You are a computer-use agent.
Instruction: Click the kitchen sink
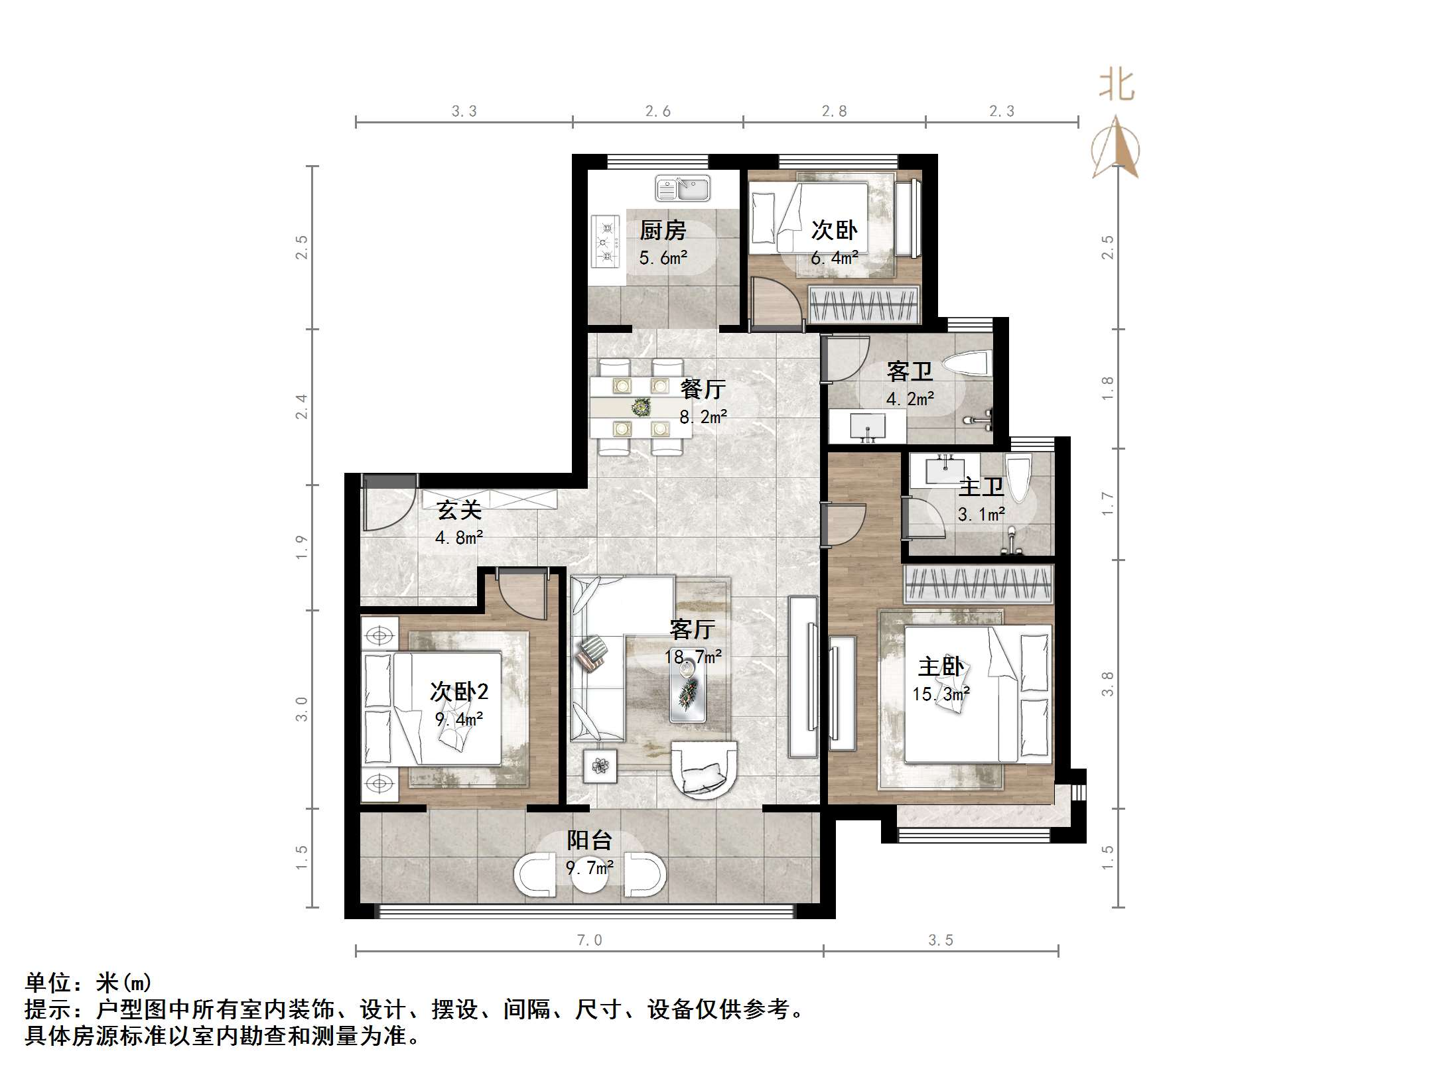point(683,188)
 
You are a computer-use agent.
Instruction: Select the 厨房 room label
point(662,231)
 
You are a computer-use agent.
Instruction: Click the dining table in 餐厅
point(640,407)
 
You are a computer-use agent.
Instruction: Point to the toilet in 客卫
point(967,363)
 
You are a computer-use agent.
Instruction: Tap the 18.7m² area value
point(693,657)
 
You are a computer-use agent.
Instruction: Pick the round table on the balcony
point(589,875)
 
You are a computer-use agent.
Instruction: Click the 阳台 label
point(589,841)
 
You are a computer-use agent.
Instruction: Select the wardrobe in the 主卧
point(979,584)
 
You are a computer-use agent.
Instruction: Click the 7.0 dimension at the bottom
point(589,940)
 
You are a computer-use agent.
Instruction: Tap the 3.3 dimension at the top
point(464,111)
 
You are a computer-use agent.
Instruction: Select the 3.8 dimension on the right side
point(1107,684)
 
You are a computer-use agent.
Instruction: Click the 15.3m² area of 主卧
point(940,694)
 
